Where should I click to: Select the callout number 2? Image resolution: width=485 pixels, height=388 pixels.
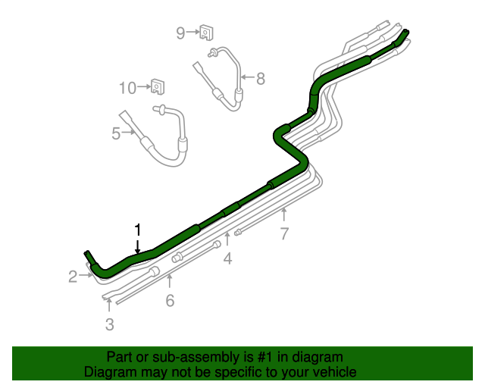pyautogui.click(x=73, y=277)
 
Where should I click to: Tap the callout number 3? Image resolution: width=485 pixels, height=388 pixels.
pyautogui.click(x=110, y=325)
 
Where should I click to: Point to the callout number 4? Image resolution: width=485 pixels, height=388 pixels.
pyautogui.click(x=227, y=260)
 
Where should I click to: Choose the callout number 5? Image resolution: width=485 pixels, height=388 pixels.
pyautogui.click(x=116, y=133)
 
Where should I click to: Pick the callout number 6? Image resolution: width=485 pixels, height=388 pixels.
pyautogui.click(x=170, y=301)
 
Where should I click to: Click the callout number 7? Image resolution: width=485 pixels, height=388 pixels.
pyautogui.click(x=284, y=233)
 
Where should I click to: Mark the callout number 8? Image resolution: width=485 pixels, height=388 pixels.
pyautogui.click(x=261, y=78)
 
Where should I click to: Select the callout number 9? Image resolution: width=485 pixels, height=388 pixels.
pyautogui.click(x=180, y=33)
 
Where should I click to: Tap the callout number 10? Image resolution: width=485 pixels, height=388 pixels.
pyautogui.click(x=127, y=88)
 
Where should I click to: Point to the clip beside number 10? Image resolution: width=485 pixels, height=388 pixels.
pyautogui.click(x=158, y=86)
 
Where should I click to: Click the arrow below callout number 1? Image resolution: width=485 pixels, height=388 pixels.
pyautogui.click(x=138, y=245)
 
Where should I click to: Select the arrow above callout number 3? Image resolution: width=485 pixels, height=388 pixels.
pyautogui.click(x=110, y=305)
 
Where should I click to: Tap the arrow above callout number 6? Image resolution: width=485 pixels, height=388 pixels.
pyautogui.click(x=170, y=283)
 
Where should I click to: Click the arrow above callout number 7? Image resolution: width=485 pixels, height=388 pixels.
pyautogui.click(x=284, y=215)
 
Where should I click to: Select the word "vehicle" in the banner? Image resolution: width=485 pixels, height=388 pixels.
pyautogui.click(x=333, y=372)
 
